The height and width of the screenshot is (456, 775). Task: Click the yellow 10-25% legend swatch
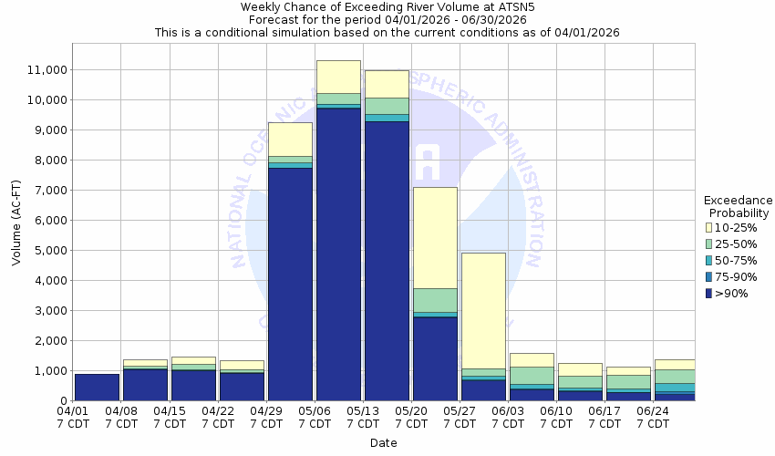point(710,226)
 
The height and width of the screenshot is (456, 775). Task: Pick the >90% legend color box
point(710,293)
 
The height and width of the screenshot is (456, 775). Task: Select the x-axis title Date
point(383,443)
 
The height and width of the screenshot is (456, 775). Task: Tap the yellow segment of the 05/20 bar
point(435,237)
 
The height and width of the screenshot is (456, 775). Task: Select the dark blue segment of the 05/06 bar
point(338,255)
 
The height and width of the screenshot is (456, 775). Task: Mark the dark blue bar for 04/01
point(97,388)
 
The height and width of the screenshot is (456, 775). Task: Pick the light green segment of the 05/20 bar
point(435,300)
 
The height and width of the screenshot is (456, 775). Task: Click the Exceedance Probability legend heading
point(738,207)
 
